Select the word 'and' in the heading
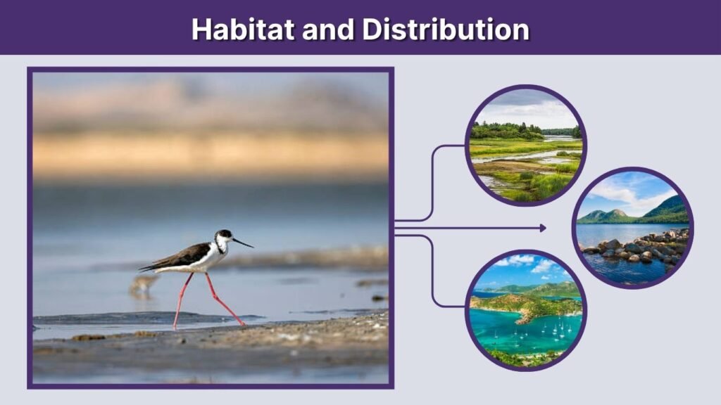coord(329,29)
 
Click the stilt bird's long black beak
coord(243,243)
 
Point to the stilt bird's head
coord(225,236)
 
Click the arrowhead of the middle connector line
coord(542,228)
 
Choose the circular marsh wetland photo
coord(526,146)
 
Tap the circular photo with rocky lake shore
coord(632,227)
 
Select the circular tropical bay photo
coord(526,310)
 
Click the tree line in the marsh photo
coord(507,131)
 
